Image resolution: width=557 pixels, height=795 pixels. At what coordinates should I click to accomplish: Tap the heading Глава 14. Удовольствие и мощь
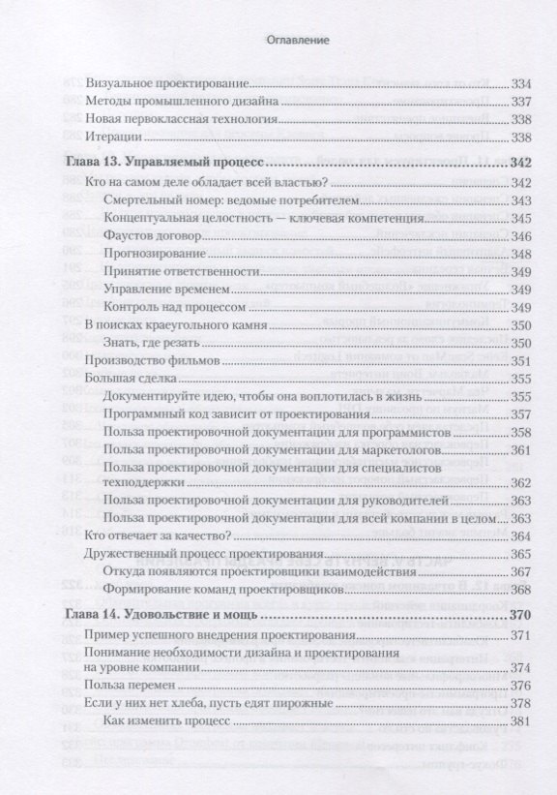pyautogui.click(x=165, y=614)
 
